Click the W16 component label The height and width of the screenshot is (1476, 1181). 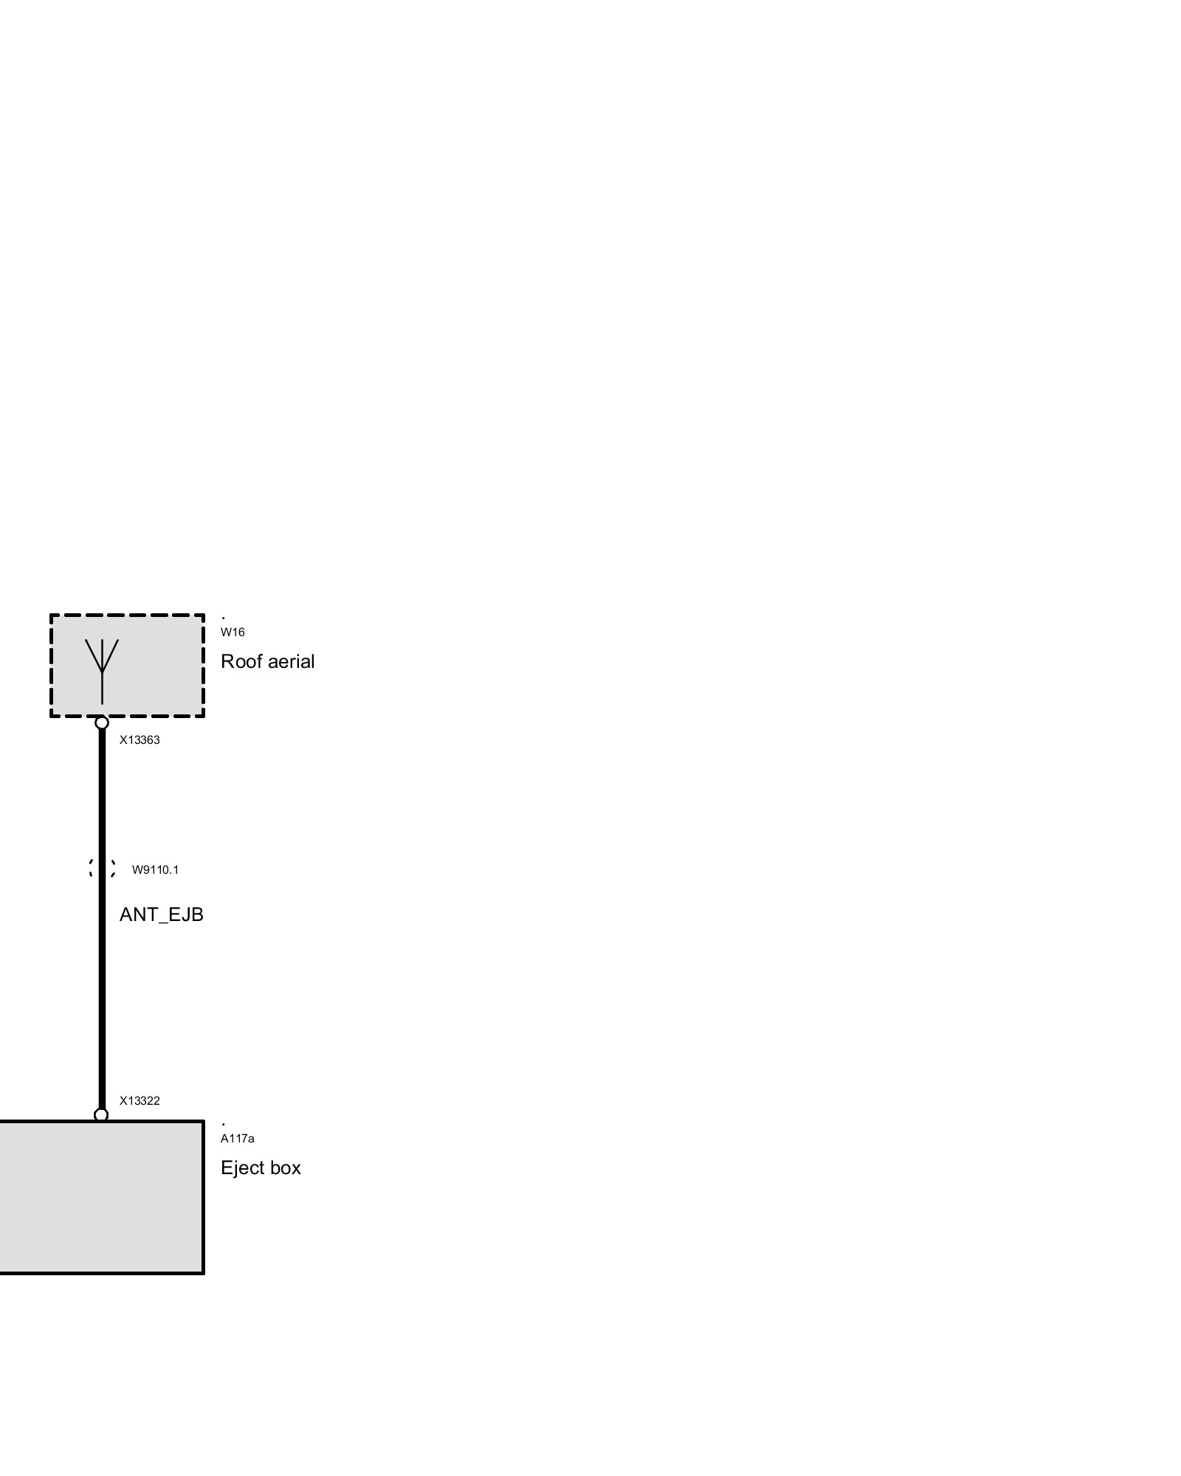(233, 632)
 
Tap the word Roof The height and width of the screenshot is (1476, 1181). (242, 661)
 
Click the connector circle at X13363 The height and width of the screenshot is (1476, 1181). (102, 723)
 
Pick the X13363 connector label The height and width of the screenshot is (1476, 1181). (140, 740)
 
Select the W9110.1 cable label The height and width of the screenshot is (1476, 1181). (155, 870)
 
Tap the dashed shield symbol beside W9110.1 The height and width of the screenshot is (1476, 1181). (102, 869)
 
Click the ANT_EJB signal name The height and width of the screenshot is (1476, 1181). (161, 915)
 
